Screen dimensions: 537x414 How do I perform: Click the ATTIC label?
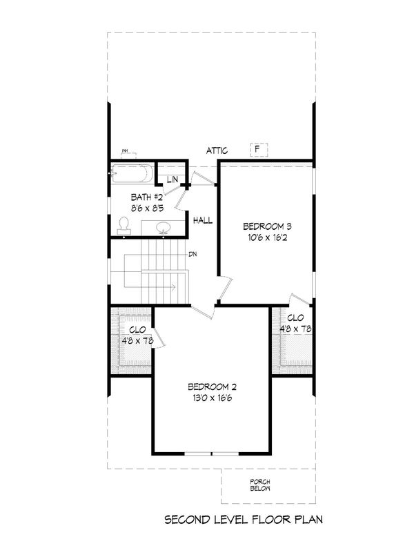pyautogui.click(x=217, y=150)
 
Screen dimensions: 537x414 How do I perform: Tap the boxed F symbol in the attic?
pyautogui.click(x=257, y=149)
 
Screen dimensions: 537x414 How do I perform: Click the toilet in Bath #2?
pyautogui.click(x=124, y=224)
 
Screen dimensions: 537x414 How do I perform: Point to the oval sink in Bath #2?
pyautogui.click(x=164, y=227)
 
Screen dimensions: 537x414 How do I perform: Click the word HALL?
pyautogui.click(x=203, y=221)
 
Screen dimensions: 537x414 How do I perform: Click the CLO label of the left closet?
pyautogui.click(x=136, y=329)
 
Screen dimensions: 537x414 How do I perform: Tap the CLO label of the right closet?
pyautogui.click(x=295, y=318)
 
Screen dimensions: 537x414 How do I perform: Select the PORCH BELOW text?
pyautogui.click(x=259, y=484)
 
